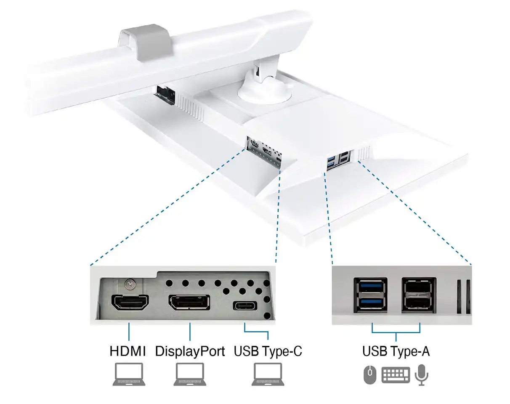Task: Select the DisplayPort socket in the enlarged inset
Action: point(189,302)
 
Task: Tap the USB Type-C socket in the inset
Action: point(245,306)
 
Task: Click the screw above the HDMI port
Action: point(130,284)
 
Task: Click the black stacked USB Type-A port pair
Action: point(419,295)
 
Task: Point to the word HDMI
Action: point(127,351)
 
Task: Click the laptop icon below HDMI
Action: point(129,374)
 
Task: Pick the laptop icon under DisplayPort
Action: point(190,374)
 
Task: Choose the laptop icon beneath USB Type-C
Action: point(268,374)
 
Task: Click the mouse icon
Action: point(370,375)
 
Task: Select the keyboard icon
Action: point(396,375)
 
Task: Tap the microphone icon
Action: point(421,375)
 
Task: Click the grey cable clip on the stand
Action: point(145,42)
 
